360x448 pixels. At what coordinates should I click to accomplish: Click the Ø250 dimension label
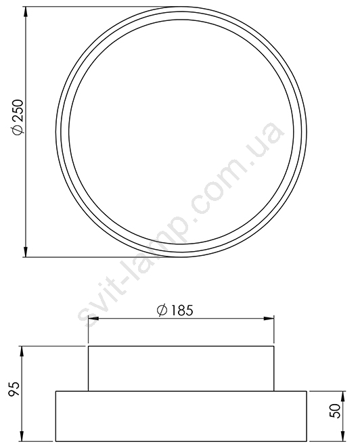click(18, 116)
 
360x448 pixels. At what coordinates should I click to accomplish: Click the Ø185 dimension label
click(175, 311)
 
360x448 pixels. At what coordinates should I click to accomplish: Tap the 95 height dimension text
click(14, 388)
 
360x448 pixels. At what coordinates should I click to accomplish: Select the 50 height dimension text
click(336, 411)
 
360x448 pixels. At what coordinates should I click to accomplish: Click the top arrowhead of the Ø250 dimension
click(26, 12)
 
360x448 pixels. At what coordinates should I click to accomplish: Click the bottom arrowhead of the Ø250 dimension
click(26, 252)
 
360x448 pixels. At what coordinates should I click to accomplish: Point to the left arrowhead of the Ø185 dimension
click(93, 319)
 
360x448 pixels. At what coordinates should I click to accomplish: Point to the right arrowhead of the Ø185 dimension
click(269, 319)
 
